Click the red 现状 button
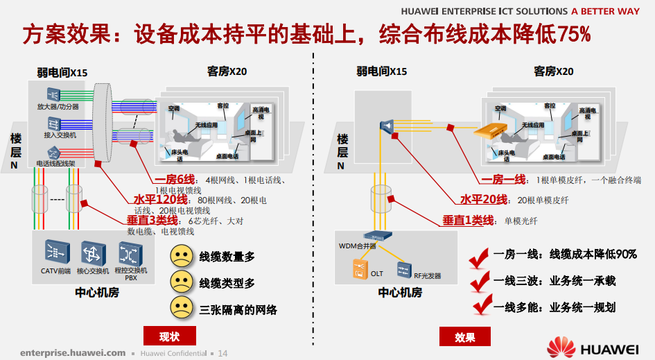[x=170, y=337]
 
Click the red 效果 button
[x=465, y=337]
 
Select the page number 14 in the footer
[x=222, y=353]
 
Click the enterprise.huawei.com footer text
[x=73, y=352]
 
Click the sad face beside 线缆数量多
[x=181, y=256]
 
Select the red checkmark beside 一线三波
[x=479, y=282]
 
